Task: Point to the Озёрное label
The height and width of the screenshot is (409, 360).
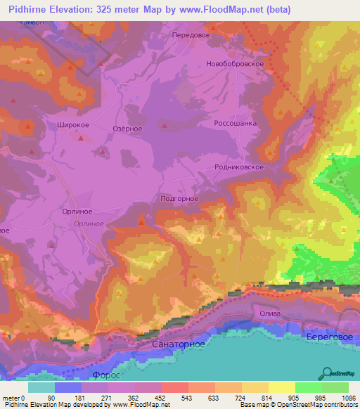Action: point(128,129)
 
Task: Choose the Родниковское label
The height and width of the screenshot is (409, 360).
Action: point(239,167)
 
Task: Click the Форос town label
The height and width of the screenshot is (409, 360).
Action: point(106,375)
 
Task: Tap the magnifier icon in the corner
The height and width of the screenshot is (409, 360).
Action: point(327,374)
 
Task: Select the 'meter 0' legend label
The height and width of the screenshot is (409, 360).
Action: point(14,398)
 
